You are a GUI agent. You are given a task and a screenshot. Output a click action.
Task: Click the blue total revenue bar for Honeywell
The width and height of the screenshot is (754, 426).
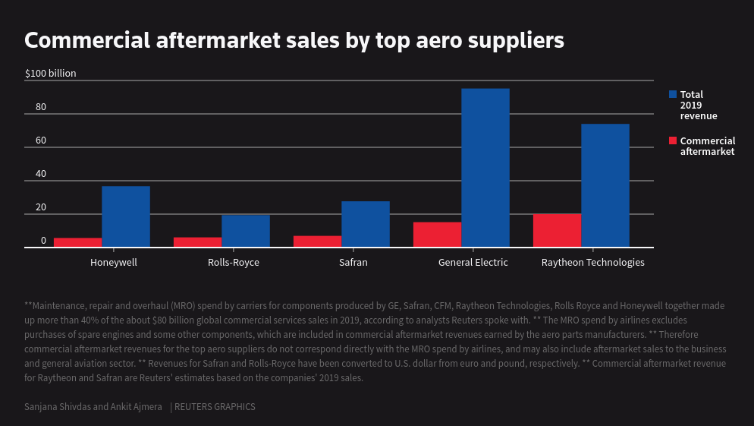click(x=126, y=216)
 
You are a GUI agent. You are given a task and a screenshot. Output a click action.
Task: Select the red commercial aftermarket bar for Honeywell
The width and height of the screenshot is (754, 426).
click(x=77, y=242)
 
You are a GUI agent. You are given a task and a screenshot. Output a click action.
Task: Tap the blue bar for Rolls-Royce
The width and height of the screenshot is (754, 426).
click(x=246, y=231)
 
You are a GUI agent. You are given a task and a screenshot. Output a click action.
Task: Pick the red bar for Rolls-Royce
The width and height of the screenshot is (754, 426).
click(x=197, y=242)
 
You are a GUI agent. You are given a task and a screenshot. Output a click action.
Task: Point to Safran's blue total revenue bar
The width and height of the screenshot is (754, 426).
click(x=366, y=224)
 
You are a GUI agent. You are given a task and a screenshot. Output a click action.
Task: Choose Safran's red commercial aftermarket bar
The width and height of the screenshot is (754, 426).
click(x=317, y=241)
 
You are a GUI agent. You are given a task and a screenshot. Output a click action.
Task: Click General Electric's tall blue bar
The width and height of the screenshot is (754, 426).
click(x=485, y=168)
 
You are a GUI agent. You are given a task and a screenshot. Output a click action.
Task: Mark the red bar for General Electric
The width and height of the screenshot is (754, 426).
click(x=437, y=235)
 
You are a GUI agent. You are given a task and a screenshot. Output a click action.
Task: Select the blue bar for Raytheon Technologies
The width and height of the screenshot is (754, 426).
click(x=605, y=185)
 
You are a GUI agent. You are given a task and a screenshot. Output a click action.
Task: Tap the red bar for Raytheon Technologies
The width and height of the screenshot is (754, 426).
click(x=557, y=230)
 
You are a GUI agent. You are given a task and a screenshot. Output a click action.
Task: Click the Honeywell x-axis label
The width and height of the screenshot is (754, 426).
click(x=114, y=263)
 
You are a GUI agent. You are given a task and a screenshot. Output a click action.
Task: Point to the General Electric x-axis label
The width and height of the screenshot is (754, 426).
click(x=473, y=263)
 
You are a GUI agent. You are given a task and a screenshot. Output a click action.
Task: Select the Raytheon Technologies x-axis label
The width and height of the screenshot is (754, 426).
click(x=593, y=263)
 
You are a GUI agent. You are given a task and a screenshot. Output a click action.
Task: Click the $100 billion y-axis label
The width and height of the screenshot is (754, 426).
click(x=51, y=74)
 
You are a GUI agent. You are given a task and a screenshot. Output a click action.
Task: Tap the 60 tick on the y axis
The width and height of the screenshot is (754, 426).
click(x=41, y=140)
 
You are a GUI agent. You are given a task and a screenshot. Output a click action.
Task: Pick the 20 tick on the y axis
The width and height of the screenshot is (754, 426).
click(x=41, y=207)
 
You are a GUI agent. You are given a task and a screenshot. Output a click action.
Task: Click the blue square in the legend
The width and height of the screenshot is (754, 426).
click(x=673, y=94)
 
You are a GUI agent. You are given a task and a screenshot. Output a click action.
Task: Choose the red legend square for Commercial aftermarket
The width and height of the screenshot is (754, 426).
click(x=673, y=140)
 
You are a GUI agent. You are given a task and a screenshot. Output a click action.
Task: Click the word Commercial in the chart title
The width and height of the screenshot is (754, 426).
click(x=88, y=40)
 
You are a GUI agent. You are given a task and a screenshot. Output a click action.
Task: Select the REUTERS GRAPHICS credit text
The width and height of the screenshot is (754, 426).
click(x=215, y=407)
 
